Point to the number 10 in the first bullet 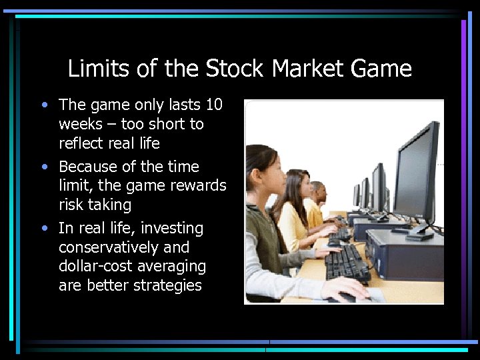tap(214, 105)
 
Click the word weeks tap(81, 124)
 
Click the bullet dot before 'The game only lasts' tap(44, 105)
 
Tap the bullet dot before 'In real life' tap(44, 229)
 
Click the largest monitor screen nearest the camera tap(416, 175)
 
